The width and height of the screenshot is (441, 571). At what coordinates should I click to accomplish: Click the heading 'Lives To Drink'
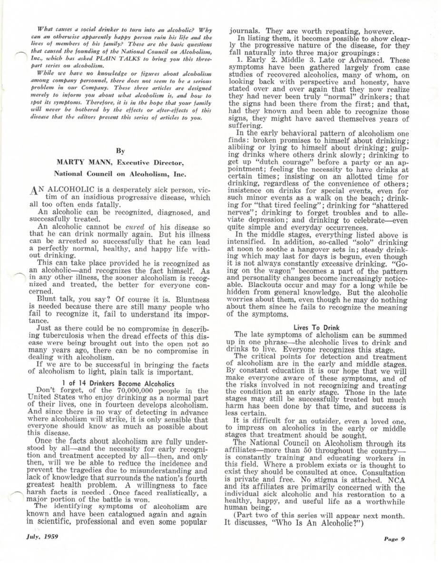click(x=314, y=327)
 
